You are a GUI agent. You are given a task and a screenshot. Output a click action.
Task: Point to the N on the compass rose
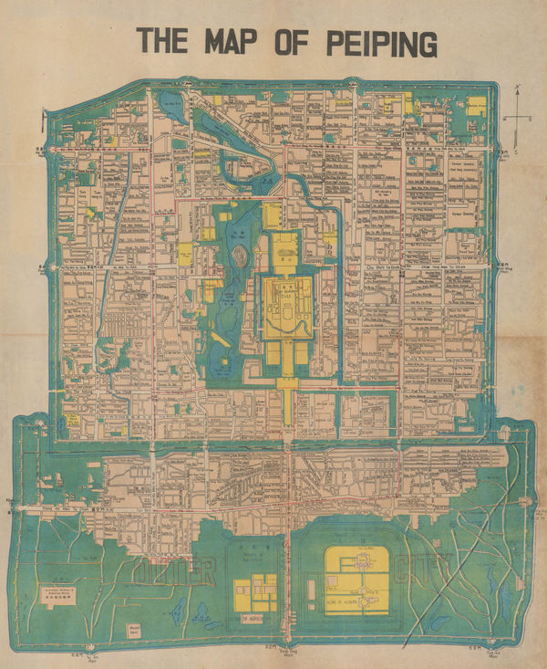coord(517,89)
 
